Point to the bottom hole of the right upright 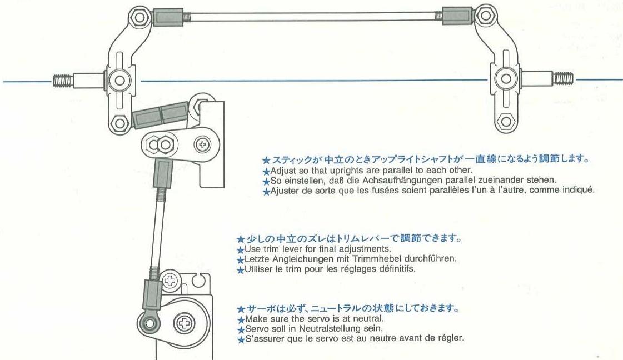point(505,121)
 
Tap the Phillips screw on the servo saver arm point(203,144)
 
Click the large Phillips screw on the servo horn point(183,322)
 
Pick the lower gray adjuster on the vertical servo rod point(152,294)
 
